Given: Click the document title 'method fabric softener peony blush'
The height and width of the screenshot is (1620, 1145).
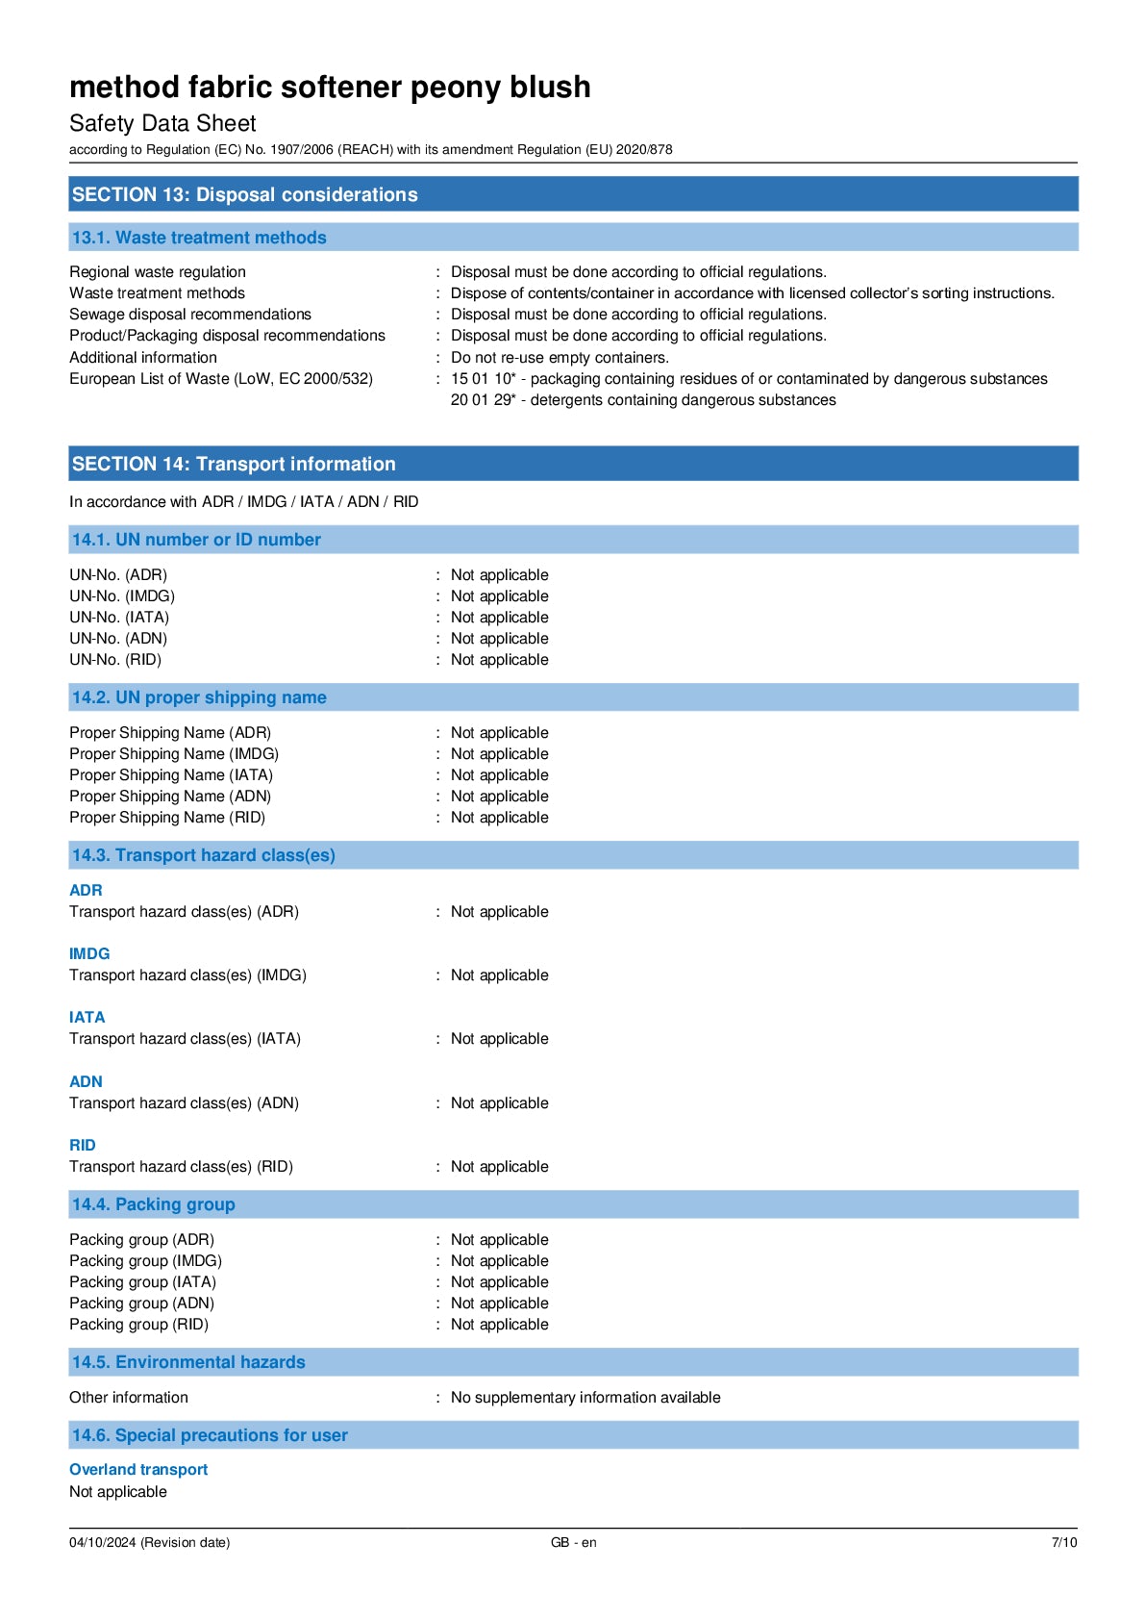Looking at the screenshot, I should pyautogui.click(x=330, y=88).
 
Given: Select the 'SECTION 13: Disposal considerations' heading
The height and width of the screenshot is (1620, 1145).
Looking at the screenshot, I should pyautogui.click(x=244, y=194).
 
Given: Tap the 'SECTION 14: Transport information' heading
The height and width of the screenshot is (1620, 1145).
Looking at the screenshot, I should pyautogui.click(x=234, y=464).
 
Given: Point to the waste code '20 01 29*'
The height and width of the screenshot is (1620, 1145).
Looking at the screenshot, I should pyautogui.click(x=483, y=400).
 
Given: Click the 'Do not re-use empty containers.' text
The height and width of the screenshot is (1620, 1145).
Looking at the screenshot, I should pyautogui.click(x=560, y=358).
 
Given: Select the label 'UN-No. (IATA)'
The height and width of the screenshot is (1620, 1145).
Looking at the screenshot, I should pyautogui.click(x=119, y=618).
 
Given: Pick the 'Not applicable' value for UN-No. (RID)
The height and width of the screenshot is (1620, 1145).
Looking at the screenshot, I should pyautogui.click(x=499, y=660).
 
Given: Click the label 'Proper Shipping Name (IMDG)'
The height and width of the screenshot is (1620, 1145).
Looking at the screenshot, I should pyautogui.click(x=174, y=754).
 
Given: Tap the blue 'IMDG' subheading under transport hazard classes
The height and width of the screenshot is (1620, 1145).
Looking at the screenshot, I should pyautogui.click(x=89, y=953).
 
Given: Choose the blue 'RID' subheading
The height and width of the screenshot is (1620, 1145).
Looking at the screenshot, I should pyautogui.click(x=83, y=1145).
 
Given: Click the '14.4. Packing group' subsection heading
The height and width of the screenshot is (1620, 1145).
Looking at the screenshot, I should pyautogui.click(x=154, y=1204).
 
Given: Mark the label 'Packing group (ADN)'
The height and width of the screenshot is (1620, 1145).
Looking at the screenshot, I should pyautogui.click(x=141, y=1304).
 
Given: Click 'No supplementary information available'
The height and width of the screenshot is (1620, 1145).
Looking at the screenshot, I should pyautogui.click(x=585, y=1398).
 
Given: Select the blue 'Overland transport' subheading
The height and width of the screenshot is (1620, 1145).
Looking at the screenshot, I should pyautogui.click(x=138, y=1470).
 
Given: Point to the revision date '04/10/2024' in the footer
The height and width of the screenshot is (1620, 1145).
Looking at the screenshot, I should pyautogui.click(x=102, y=1542).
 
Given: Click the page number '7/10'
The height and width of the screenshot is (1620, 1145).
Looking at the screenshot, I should pyautogui.click(x=1063, y=1542).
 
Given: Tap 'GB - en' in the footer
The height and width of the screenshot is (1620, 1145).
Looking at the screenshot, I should pyautogui.click(x=573, y=1542).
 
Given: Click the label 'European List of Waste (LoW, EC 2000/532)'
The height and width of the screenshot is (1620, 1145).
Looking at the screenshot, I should pyautogui.click(x=221, y=379).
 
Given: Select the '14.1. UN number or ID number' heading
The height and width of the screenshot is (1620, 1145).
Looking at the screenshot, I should pyautogui.click(x=196, y=540).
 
